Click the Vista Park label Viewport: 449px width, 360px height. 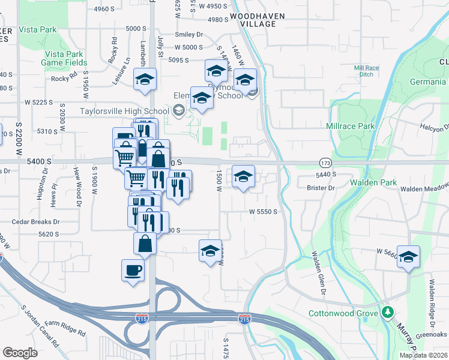click(x=37, y=29)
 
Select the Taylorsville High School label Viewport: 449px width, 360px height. click(x=124, y=111)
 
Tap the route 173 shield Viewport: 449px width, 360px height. click(x=325, y=163)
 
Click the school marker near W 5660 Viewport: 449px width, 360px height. click(x=408, y=257)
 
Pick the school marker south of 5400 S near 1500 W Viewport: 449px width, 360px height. click(x=243, y=177)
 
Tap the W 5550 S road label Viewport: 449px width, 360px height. click(x=263, y=212)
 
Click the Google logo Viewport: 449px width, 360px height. click(x=20, y=353)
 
